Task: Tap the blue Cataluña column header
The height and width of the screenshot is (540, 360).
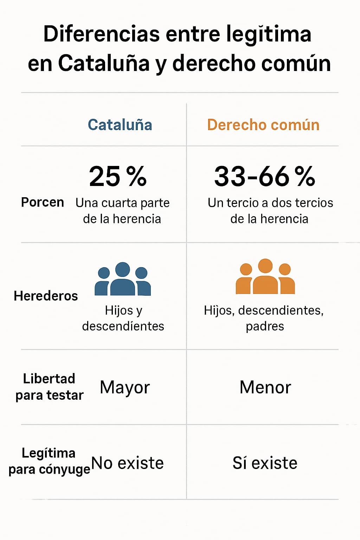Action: [x=120, y=125]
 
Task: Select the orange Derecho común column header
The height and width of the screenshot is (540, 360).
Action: [x=263, y=125]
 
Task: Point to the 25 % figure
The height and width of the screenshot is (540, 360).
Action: [x=118, y=176]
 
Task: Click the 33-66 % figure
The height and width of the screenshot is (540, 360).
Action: [x=264, y=176]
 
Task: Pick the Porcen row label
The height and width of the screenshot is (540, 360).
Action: [x=43, y=202]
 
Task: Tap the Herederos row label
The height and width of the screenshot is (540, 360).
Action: [x=46, y=296]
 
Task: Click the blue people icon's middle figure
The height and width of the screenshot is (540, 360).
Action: [x=123, y=279]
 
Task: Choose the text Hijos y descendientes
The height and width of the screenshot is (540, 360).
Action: [x=123, y=318]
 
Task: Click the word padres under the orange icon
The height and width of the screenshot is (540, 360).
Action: [x=265, y=326]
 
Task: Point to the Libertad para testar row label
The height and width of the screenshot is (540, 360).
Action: [x=49, y=387]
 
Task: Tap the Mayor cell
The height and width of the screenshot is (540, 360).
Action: [x=125, y=387]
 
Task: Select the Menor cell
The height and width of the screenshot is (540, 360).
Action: [x=265, y=387]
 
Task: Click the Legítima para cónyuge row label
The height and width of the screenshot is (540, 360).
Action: [x=49, y=461]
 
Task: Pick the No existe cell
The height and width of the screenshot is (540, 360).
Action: [x=128, y=463]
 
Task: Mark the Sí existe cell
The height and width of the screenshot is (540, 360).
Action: [x=265, y=463]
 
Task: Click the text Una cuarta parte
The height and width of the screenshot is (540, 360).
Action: [x=122, y=203]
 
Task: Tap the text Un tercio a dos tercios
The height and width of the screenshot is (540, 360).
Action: [x=270, y=203]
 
